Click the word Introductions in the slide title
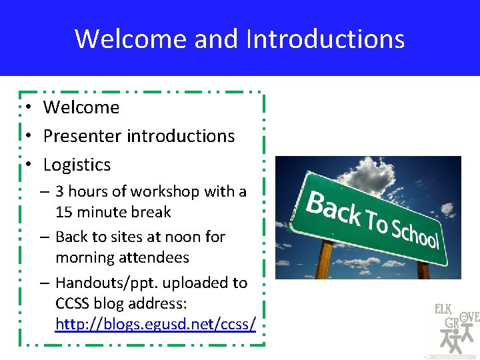pyautogui.click(x=325, y=39)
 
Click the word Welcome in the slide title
pyautogui.click(x=131, y=39)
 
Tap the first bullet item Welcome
pyautogui.click(x=81, y=107)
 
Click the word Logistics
pyautogui.click(x=77, y=165)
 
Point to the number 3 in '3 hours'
pyautogui.click(x=60, y=192)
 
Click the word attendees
pyautogui.click(x=155, y=258)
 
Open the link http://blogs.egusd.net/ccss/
pyautogui.click(x=155, y=325)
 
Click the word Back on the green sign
pyautogui.click(x=334, y=206)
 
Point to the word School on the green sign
pyautogui.click(x=414, y=232)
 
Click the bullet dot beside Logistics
pyautogui.click(x=29, y=165)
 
